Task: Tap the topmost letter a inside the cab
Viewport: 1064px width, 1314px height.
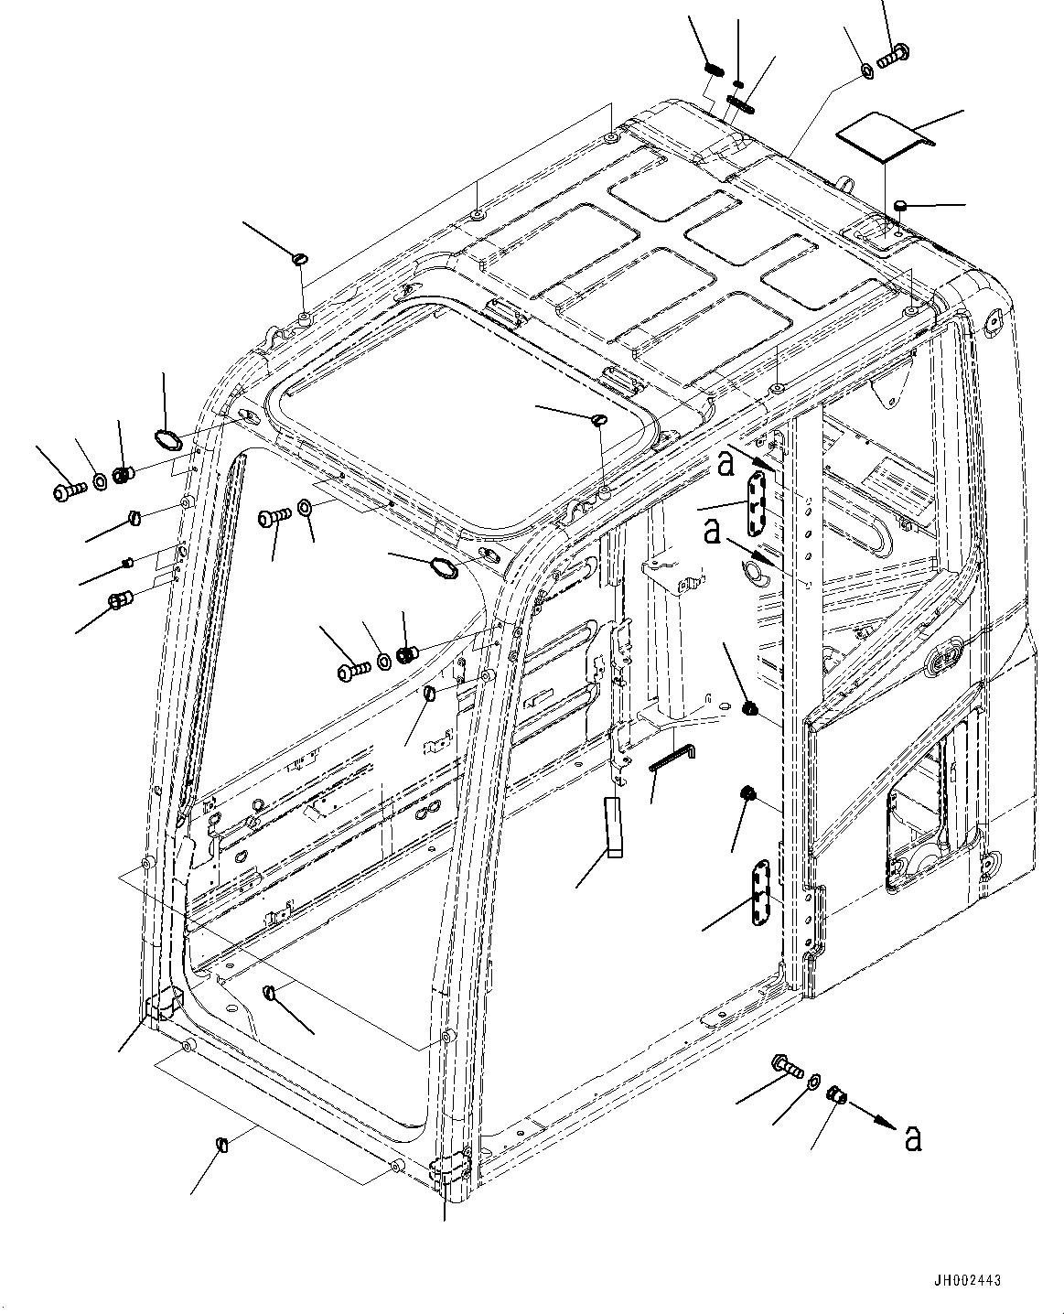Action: (725, 464)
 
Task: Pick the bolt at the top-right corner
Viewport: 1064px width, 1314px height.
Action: (891, 55)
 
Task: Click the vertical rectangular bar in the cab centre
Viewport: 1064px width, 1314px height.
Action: (613, 827)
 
